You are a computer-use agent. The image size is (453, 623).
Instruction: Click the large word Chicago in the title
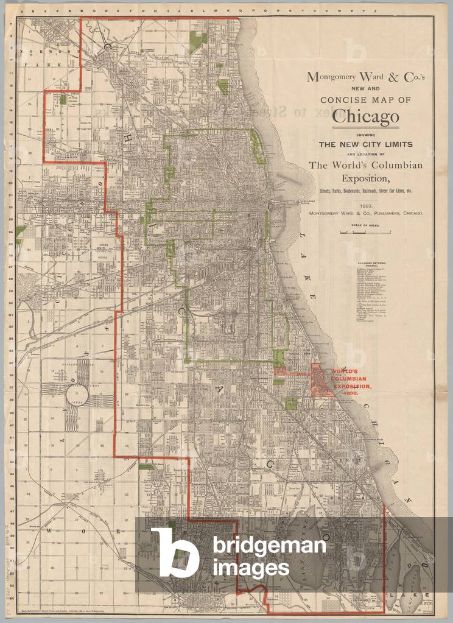[x=365, y=116]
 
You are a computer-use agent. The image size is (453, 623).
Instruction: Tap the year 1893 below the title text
[x=365, y=206]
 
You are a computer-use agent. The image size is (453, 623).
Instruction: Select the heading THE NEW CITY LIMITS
[x=365, y=144]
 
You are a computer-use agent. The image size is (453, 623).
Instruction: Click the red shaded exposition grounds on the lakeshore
[x=320, y=381]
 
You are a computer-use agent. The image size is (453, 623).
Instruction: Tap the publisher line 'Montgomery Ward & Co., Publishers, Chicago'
[x=365, y=214]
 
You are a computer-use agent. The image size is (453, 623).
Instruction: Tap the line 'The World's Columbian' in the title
[x=365, y=166]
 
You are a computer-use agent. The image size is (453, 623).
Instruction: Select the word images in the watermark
[x=251, y=568]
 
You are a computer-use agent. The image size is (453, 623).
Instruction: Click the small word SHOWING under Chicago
[x=365, y=135]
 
